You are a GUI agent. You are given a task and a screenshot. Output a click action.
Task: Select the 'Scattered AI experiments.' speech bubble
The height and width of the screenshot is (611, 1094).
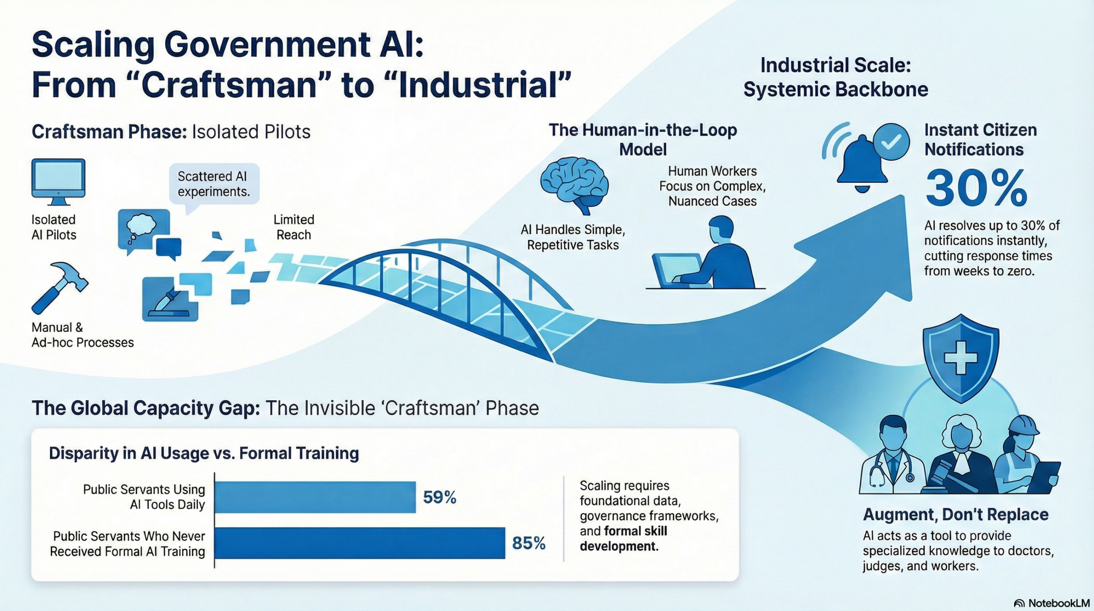[x=214, y=184]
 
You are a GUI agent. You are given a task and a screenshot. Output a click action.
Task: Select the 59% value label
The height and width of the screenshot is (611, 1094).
[x=440, y=497]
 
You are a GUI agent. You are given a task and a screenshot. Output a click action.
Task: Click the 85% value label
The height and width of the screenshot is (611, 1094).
[x=529, y=543]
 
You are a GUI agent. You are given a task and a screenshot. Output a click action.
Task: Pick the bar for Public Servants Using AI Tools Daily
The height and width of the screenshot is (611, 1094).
[x=315, y=497]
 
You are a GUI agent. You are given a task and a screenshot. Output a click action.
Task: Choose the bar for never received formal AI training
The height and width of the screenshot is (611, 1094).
[x=360, y=543]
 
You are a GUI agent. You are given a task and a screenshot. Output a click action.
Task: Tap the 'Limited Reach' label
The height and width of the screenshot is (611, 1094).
[x=294, y=227]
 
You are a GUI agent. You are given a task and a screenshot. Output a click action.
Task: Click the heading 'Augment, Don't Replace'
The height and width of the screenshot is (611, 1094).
[x=956, y=514]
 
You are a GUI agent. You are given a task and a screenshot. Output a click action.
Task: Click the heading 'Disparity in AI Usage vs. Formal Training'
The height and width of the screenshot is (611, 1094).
[x=204, y=453]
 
